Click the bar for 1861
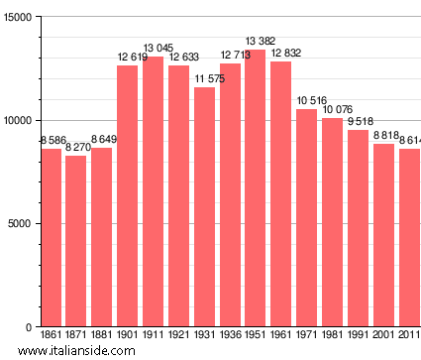51,238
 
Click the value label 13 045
153,49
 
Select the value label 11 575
204,79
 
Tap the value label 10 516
307,101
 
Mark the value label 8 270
76,148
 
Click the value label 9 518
358,122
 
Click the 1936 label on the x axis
230,337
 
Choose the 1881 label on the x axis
101,337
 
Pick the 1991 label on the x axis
358,337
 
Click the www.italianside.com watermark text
89,351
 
